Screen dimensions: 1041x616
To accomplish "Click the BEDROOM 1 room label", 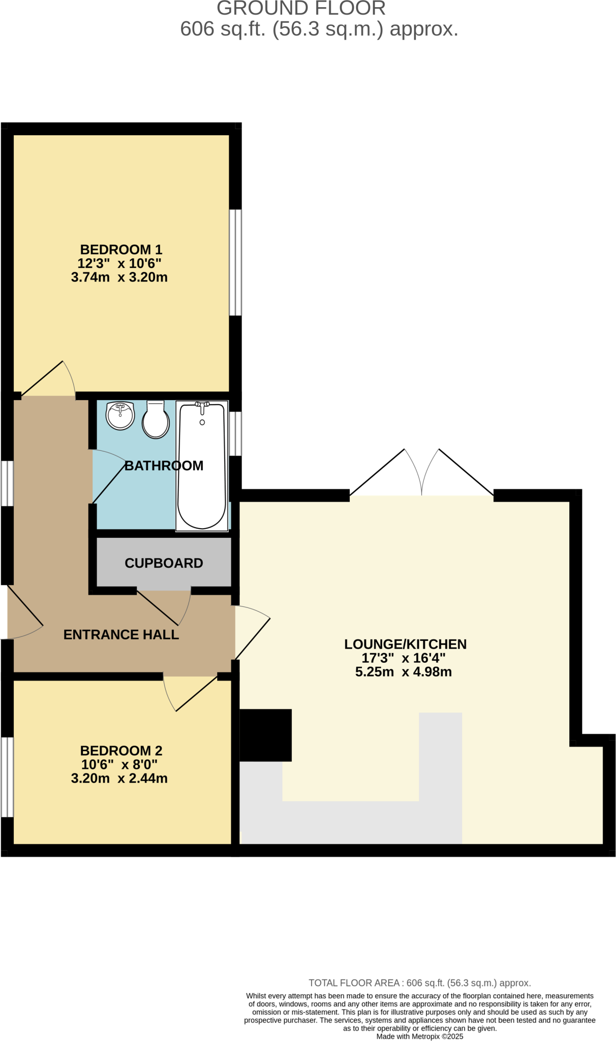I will point(121,250).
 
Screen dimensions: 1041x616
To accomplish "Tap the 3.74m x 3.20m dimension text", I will point(119,278).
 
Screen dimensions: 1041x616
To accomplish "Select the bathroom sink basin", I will point(120,416).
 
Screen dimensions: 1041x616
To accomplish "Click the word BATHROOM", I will point(164,466).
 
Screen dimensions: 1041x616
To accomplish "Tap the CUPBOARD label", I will point(164,563).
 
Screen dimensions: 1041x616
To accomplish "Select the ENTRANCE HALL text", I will point(121,634).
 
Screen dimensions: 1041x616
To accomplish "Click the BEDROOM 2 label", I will point(121,751).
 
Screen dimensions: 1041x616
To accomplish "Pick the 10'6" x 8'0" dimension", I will point(119,764).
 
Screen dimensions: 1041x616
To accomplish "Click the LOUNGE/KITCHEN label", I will point(405,644).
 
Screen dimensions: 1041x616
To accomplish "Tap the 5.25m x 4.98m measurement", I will point(403,672).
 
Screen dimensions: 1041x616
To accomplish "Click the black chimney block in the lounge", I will point(265,735).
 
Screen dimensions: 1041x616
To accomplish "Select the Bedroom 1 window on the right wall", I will point(235,262).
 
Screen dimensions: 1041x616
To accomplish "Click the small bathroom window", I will point(235,434).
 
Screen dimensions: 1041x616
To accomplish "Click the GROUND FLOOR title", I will point(301,9).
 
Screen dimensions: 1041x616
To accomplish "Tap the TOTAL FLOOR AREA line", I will point(420,983).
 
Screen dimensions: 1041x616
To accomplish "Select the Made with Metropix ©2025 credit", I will point(420,1036).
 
